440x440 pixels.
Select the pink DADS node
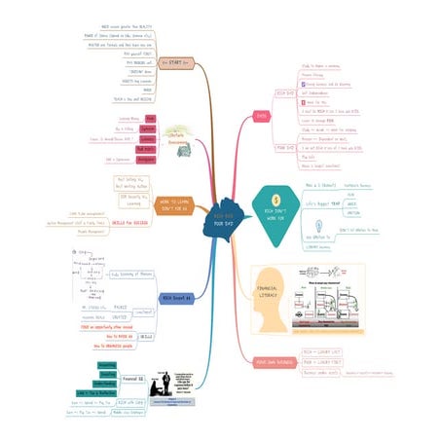(x=261, y=114)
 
